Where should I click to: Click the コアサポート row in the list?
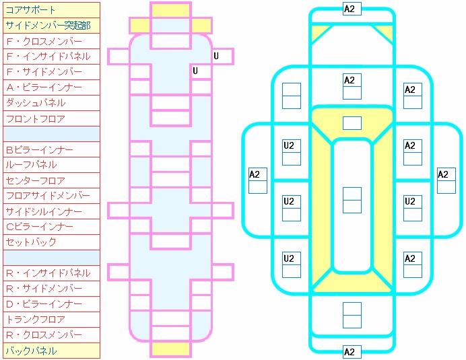(51, 10)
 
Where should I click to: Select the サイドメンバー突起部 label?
(51, 26)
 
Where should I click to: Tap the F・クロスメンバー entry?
(51, 41)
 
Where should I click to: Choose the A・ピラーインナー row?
(51, 87)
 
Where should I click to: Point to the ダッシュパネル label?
(51, 103)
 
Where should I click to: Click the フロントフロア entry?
(51, 118)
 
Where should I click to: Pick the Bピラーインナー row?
(51, 149)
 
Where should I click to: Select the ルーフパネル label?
(51, 165)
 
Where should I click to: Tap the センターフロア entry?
(51, 180)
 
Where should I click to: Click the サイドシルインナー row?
(51, 211)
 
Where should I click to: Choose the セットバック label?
(51, 242)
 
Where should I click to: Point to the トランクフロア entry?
(51, 320)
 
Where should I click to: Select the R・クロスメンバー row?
(51, 335)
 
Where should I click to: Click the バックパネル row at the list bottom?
(51, 351)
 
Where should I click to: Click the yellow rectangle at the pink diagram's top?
(170, 10)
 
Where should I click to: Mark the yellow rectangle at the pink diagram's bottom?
(170, 349)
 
